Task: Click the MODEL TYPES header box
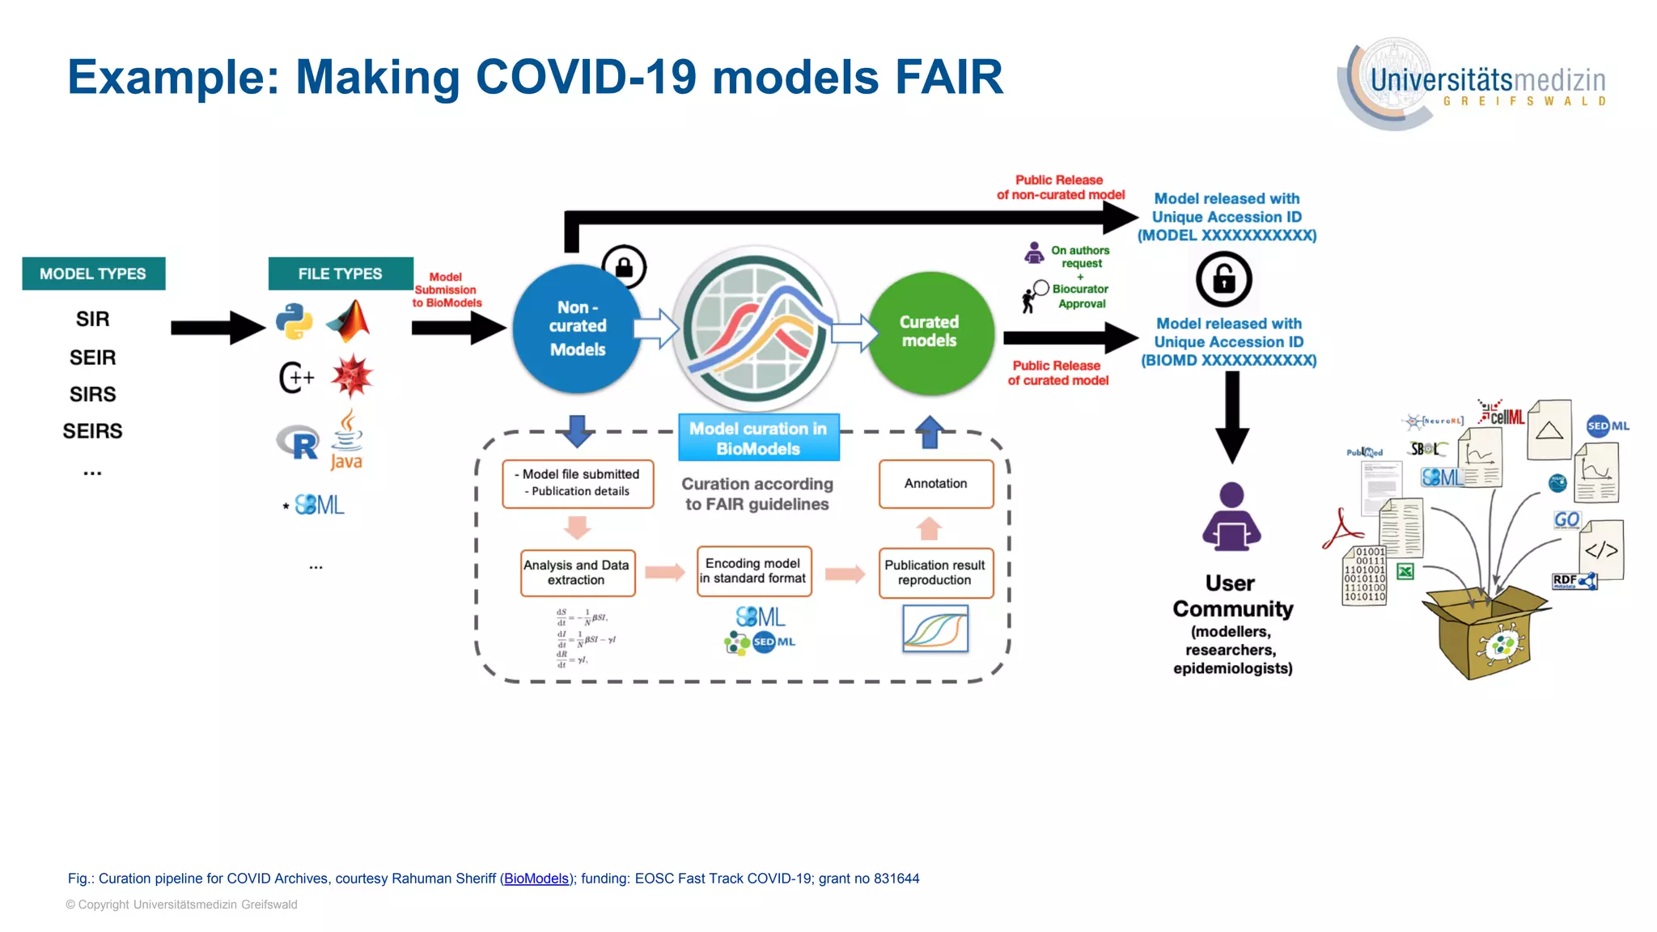pyautogui.click(x=93, y=273)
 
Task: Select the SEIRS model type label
pyautogui.click(x=92, y=431)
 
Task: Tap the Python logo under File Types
pyautogui.click(x=295, y=321)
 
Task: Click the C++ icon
pyautogui.click(x=296, y=377)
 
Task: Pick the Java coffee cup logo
pyautogui.click(x=347, y=441)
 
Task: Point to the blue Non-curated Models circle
pyautogui.click(x=576, y=328)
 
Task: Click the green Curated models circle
pyautogui.click(x=930, y=332)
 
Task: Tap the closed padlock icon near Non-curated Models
pyautogui.click(x=624, y=267)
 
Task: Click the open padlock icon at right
pyautogui.click(x=1223, y=279)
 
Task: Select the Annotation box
pyautogui.click(x=936, y=484)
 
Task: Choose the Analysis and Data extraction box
pyautogui.click(x=577, y=573)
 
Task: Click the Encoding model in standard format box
pyautogui.click(x=753, y=571)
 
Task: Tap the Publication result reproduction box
pyautogui.click(x=935, y=573)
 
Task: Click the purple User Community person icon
pyautogui.click(x=1231, y=518)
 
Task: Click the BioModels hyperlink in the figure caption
pyautogui.click(x=536, y=879)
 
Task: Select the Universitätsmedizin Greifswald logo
pyautogui.click(x=1473, y=83)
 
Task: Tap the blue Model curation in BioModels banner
pyautogui.click(x=758, y=438)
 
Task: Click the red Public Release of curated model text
pyautogui.click(x=1057, y=373)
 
